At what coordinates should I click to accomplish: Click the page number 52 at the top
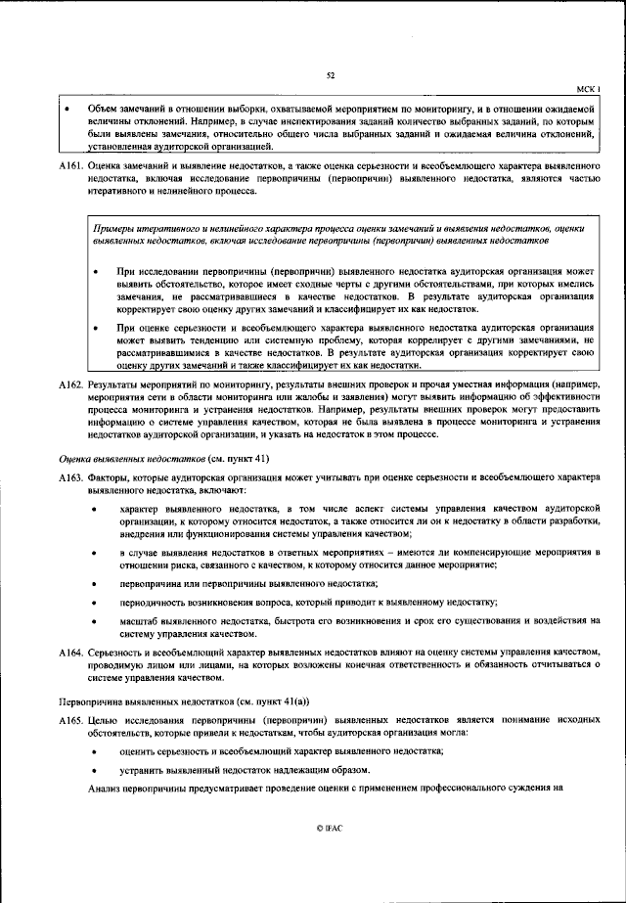point(330,74)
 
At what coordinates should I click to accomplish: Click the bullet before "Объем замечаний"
point(67,107)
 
